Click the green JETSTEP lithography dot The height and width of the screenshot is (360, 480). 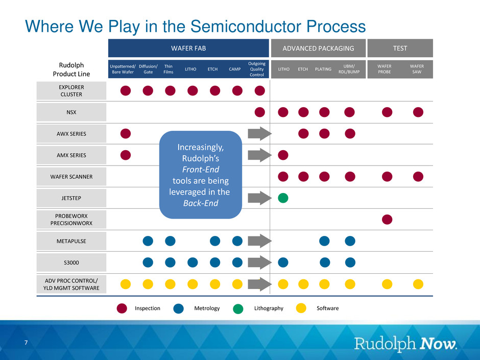coord(283,198)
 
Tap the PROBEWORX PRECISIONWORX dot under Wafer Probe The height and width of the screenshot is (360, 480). coord(387,219)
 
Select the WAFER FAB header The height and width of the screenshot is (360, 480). coord(188,49)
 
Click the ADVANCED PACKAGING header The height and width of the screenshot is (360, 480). coord(319,49)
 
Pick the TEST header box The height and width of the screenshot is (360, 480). coord(400,49)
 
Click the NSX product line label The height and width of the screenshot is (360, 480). coord(71,112)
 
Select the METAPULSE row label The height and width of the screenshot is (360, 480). coord(71,241)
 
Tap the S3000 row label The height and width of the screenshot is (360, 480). coord(71,262)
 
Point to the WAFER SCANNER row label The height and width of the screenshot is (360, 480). coord(71,177)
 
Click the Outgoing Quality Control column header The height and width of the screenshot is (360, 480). coord(256,69)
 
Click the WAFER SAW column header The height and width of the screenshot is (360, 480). coord(417,69)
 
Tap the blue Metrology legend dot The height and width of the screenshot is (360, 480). coord(179,308)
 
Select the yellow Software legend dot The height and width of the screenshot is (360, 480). coord(301,308)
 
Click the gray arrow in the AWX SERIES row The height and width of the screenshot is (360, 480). coord(259,133)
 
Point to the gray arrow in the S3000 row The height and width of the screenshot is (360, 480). coord(259,262)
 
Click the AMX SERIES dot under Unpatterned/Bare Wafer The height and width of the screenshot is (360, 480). coord(126,155)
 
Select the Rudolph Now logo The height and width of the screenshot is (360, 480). coord(405,344)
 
